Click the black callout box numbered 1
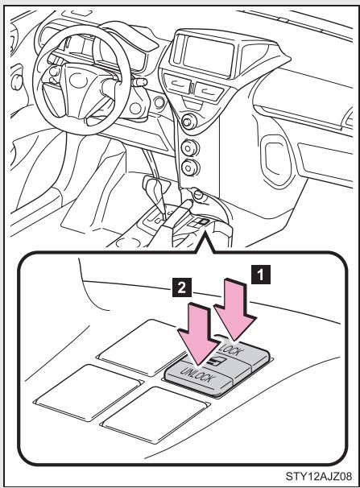(261, 274)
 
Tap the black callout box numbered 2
(182, 287)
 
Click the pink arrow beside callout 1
(235, 310)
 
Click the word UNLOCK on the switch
(197, 374)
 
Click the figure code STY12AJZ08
(319, 477)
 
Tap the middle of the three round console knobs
(188, 148)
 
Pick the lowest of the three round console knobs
(188, 167)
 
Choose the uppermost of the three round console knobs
(188, 121)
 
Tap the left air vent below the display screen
(178, 83)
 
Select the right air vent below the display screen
(209, 90)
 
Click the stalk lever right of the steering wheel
(139, 82)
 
